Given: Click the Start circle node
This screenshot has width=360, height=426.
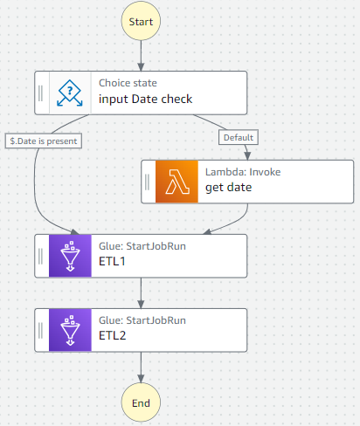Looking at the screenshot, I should (140, 20).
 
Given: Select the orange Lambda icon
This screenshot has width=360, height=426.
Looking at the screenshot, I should (177, 181).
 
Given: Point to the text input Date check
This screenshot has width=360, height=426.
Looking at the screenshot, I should (145, 99).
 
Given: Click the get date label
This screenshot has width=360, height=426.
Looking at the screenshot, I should (228, 188).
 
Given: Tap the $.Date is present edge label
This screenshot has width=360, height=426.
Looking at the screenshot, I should (42, 140).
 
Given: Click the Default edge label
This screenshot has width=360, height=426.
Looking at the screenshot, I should (237, 137).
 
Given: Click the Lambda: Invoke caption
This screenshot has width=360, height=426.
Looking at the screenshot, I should (243, 172).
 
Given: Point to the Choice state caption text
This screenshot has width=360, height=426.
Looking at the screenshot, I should (128, 83).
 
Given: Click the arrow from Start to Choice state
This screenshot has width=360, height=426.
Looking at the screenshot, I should (140, 57).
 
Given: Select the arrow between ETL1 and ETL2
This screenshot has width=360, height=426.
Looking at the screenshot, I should (140, 292).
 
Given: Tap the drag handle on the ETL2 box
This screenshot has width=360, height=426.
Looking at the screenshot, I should (41, 329).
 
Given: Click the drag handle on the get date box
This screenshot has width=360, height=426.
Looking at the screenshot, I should (148, 181).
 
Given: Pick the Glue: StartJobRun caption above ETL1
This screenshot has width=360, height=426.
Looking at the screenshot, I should (142, 246).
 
